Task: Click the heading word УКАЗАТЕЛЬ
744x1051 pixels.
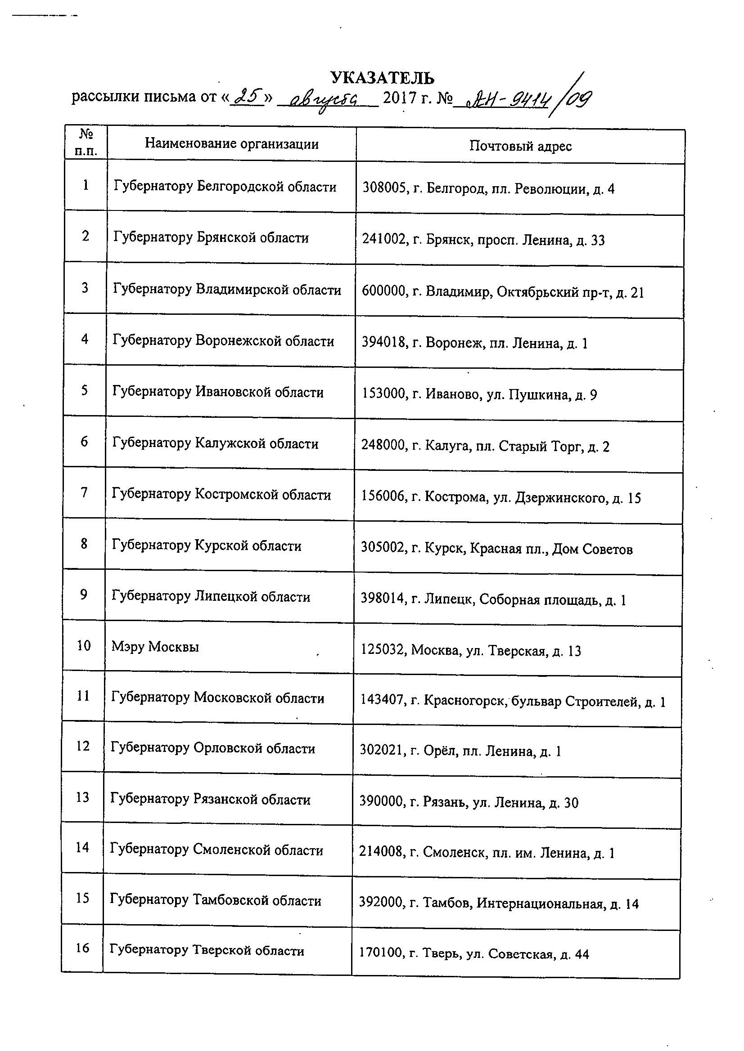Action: (382, 78)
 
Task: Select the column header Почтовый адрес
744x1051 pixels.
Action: (520, 146)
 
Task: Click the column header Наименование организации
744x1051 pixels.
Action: (232, 144)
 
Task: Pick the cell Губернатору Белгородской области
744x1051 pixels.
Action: (225, 187)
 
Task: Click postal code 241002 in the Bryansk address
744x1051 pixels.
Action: (384, 240)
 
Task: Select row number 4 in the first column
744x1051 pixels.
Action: (85, 339)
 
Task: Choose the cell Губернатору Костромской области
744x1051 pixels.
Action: (221, 495)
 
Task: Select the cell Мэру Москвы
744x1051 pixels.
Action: (155, 647)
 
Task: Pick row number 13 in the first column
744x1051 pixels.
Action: (82, 797)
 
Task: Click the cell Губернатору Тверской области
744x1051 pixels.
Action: (207, 950)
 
